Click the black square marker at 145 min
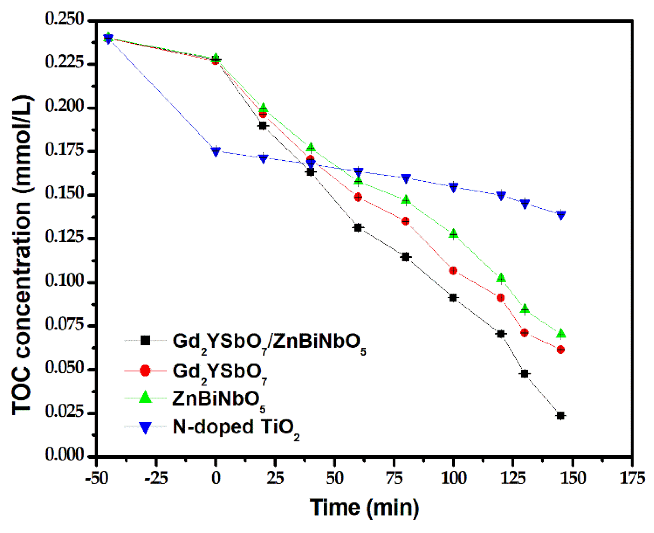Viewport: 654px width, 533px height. pyautogui.click(x=560, y=416)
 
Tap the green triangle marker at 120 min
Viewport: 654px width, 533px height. pyautogui.click(x=501, y=278)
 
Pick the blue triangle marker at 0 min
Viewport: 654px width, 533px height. pyautogui.click(x=216, y=151)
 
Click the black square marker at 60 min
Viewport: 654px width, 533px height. pyautogui.click(x=358, y=228)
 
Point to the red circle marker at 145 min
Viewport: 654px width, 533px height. pyautogui.click(x=560, y=349)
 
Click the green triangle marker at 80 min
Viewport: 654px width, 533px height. pyautogui.click(x=406, y=200)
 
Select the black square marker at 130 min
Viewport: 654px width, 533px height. pyautogui.click(x=524, y=374)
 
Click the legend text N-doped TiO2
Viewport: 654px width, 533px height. pyautogui.click(x=236, y=428)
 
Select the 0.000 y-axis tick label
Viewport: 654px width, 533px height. pyautogui.click(x=64, y=455)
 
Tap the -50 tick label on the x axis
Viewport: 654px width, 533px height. pyautogui.click(x=97, y=478)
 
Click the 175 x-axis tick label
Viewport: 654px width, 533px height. pyautogui.click(x=632, y=478)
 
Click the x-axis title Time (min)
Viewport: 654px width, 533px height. pyautogui.click(x=364, y=507)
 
